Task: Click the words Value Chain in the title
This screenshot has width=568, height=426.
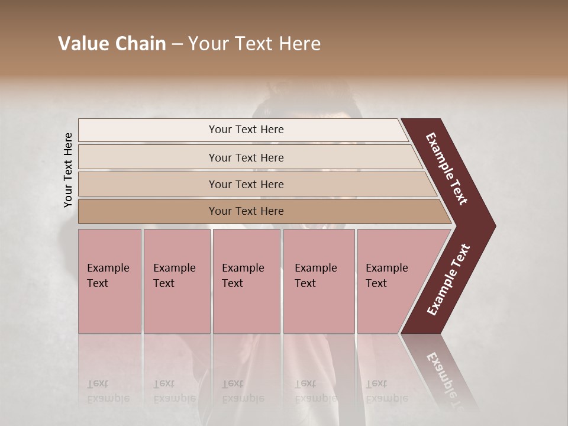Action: click(112, 44)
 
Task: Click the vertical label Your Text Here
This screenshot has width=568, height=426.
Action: click(69, 170)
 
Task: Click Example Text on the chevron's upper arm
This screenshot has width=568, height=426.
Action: click(447, 169)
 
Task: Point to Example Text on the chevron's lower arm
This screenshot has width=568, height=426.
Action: click(449, 279)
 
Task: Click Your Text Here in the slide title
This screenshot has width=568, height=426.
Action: click(254, 44)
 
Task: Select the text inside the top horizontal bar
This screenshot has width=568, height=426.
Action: click(246, 130)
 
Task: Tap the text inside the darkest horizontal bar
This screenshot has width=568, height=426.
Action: click(246, 211)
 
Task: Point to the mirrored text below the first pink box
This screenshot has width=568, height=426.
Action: click(108, 391)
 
